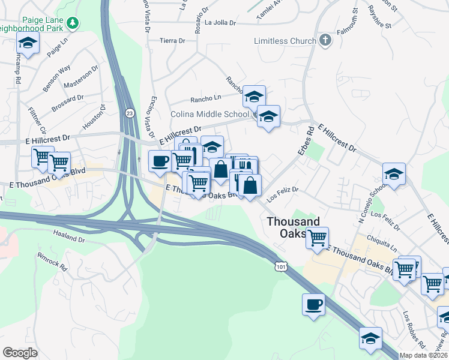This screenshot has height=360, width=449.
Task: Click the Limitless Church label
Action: point(285,41)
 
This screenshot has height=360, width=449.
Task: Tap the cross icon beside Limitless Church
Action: point(325,40)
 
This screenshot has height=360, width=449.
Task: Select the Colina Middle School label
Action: point(209,114)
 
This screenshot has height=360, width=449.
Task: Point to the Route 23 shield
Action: point(130,112)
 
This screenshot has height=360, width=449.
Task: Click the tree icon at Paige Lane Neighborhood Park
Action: point(73,23)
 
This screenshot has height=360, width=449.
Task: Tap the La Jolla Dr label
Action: point(220,23)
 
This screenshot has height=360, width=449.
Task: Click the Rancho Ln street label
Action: point(205,98)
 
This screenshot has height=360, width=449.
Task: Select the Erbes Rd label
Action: point(306,142)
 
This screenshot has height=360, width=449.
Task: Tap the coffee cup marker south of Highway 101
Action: point(313,305)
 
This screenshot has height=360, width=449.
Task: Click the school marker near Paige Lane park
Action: point(28,43)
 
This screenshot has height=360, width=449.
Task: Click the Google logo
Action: point(20,353)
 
